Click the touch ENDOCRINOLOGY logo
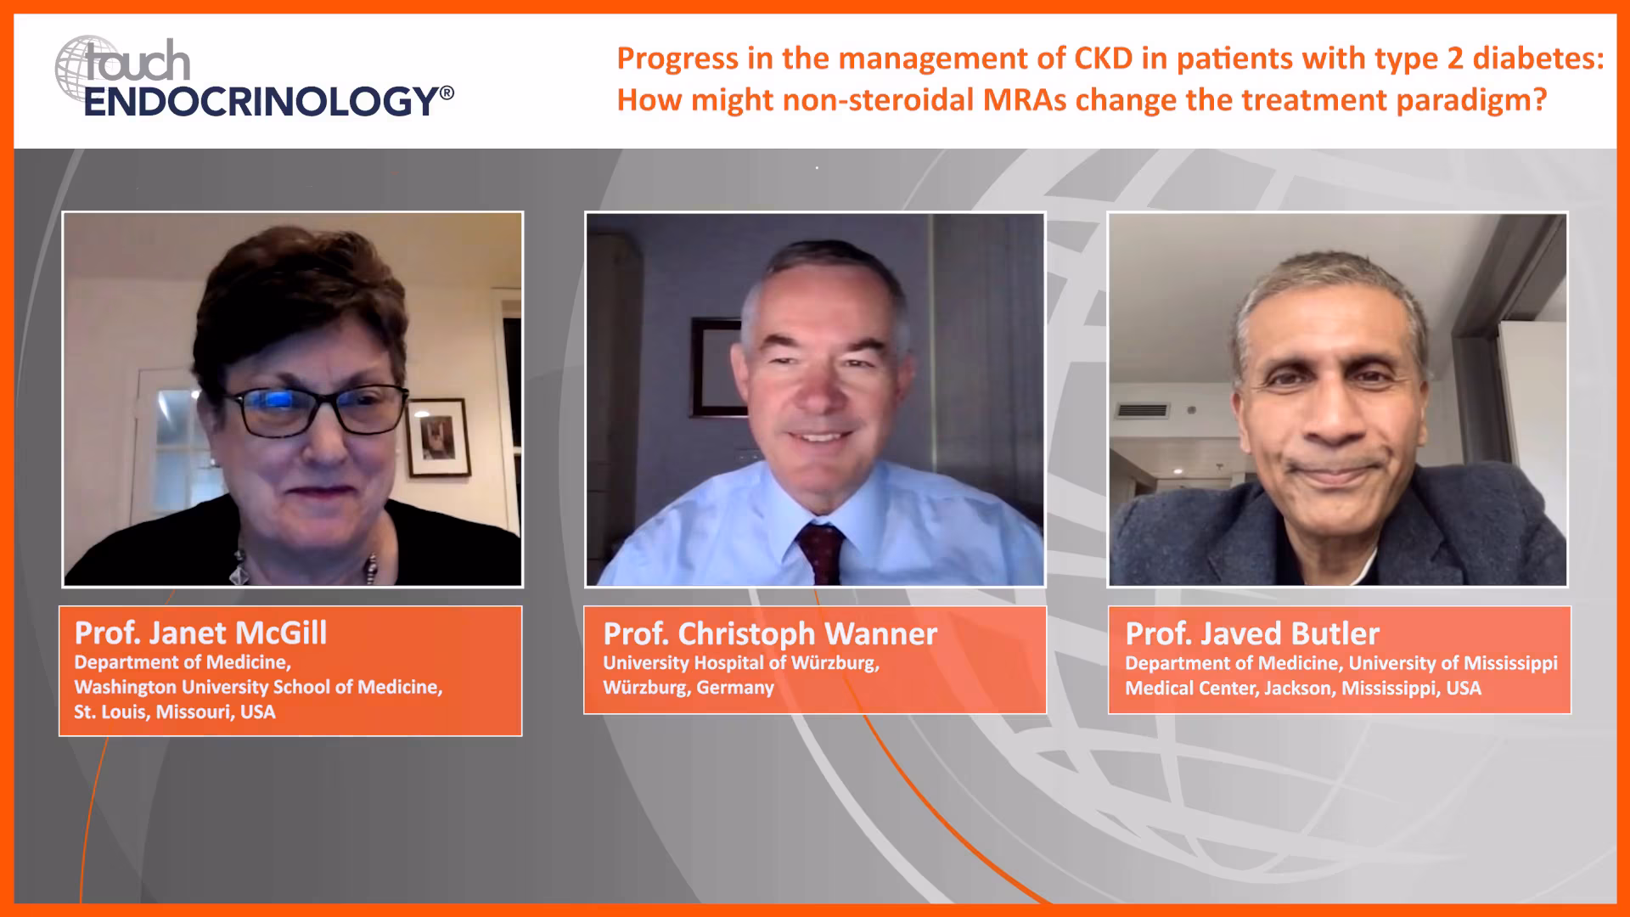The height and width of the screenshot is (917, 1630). click(x=254, y=78)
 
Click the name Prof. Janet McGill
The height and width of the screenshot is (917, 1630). click(x=200, y=633)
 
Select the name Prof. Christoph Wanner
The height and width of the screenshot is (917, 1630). click(x=770, y=633)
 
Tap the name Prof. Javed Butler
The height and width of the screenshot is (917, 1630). click(x=1252, y=633)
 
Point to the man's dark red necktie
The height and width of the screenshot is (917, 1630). click(x=820, y=553)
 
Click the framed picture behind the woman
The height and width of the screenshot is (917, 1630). click(x=438, y=437)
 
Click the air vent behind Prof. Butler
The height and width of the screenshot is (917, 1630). click(x=1142, y=411)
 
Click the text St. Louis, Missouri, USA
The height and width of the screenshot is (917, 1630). click(x=175, y=712)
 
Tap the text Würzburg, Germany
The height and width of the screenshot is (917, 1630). click(x=689, y=688)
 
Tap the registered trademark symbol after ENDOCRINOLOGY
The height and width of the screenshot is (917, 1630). click(x=447, y=92)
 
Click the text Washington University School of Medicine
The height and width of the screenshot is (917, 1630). click(x=258, y=687)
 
